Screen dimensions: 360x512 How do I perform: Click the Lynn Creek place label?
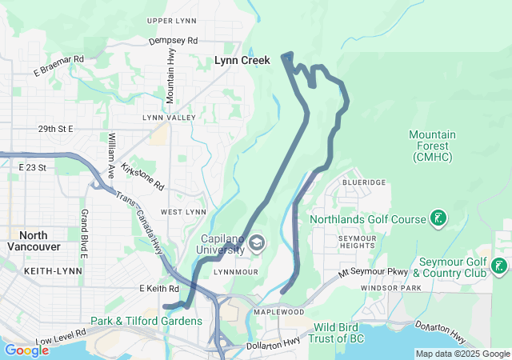(242, 60)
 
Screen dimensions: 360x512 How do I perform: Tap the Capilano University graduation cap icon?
(256, 243)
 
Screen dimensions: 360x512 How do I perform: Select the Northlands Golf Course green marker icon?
(438, 218)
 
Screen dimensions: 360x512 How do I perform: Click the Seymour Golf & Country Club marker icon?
(499, 266)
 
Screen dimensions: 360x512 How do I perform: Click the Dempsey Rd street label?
(173, 40)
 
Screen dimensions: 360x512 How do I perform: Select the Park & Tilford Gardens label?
(146, 321)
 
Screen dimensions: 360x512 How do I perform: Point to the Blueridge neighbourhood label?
(364, 182)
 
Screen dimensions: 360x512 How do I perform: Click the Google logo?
(26, 350)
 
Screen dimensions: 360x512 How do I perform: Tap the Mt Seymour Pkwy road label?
(373, 273)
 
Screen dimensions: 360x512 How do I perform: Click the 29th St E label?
(55, 128)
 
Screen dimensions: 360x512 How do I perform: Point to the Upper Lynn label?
(172, 21)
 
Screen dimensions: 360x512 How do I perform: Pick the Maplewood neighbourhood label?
(278, 311)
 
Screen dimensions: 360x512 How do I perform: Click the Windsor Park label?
(390, 287)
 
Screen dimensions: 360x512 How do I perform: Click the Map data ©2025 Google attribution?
(462, 354)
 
